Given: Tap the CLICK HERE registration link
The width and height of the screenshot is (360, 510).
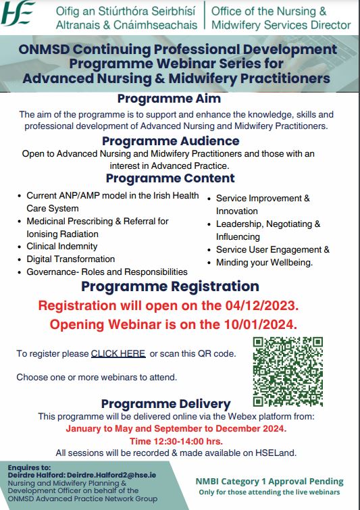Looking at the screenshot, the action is [x=118, y=353].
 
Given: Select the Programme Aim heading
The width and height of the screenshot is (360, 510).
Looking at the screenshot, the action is [x=170, y=99].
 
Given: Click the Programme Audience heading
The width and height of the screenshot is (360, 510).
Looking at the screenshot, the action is [x=170, y=141].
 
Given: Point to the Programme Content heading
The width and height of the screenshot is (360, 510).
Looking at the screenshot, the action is [x=170, y=179].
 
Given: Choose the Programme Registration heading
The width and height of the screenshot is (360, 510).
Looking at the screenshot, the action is [x=170, y=286].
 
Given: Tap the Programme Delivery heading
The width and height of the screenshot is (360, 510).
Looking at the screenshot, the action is [x=166, y=404].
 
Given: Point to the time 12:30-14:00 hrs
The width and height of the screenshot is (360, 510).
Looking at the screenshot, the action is [x=176, y=440].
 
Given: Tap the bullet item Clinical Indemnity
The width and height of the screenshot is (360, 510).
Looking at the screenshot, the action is [x=61, y=247].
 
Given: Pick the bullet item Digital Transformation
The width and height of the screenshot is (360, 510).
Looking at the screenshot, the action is [x=70, y=259].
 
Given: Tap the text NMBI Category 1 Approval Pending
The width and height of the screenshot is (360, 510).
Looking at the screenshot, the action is [x=269, y=482].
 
